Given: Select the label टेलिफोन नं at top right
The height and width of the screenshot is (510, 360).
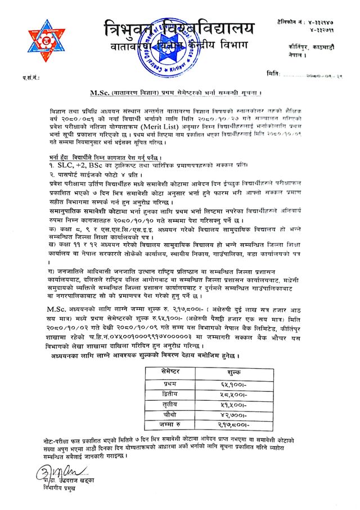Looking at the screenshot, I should point(289,20).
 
